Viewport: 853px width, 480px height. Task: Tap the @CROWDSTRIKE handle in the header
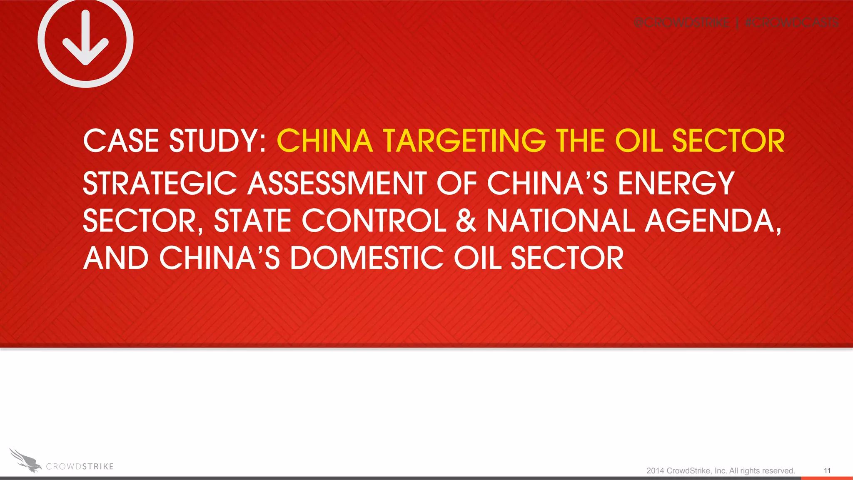(681, 22)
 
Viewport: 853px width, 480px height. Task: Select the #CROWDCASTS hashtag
(791, 22)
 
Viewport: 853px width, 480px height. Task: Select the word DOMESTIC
(367, 258)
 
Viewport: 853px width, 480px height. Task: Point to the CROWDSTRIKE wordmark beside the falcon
(80, 467)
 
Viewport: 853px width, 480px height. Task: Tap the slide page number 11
(827, 470)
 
